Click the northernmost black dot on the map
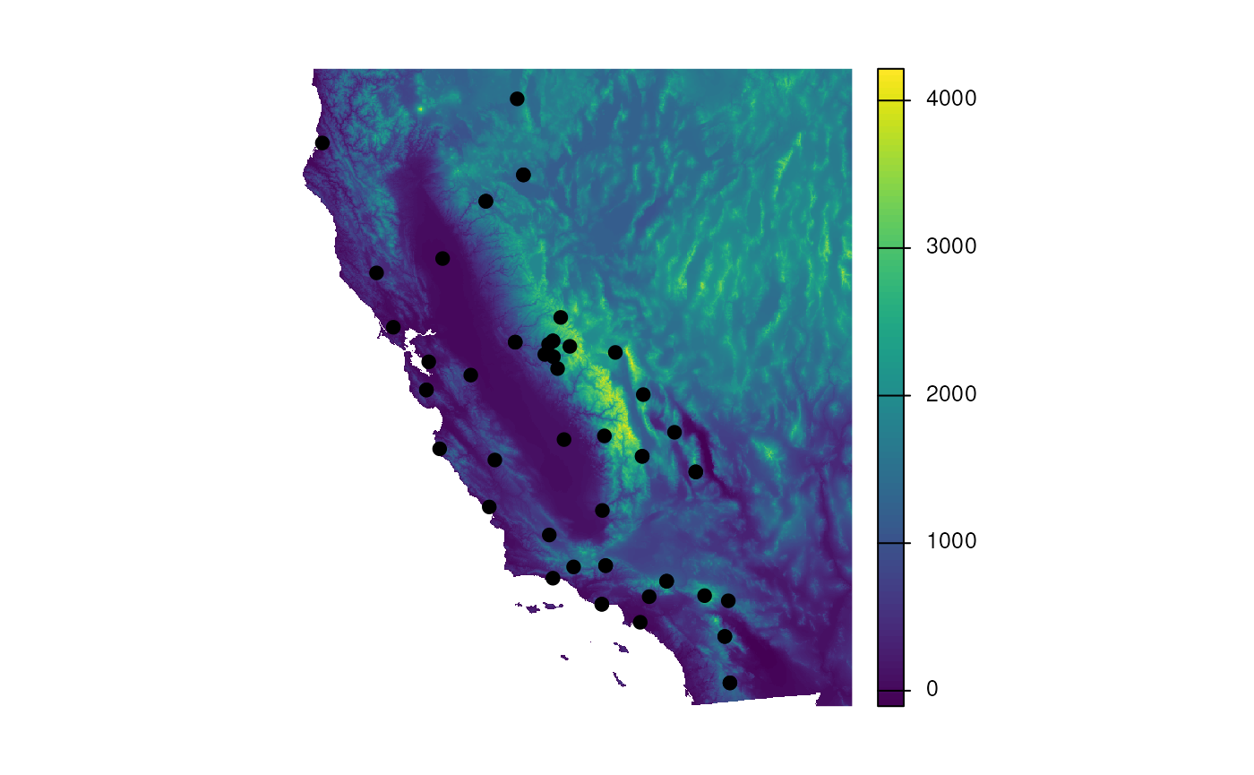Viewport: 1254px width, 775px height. point(517,99)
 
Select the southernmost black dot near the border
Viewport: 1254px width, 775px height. point(730,683)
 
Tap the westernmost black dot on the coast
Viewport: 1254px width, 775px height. point(322,142)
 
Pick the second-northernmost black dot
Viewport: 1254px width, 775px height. point(523,175)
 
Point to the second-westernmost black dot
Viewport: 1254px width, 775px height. point(376,272)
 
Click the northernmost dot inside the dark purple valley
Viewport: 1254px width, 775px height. point(442,258)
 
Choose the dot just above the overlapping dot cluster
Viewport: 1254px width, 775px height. point(561,317)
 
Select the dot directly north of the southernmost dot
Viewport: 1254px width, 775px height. point(725,636)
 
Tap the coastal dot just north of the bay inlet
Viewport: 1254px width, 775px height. point(393,327)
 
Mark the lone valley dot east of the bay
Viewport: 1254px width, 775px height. point(470,375)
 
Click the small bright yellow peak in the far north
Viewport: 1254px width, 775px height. point(419,109)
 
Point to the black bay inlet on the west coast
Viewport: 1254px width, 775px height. point(412,337)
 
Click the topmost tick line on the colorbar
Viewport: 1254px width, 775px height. point(890,100)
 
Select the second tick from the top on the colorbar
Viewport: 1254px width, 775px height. point(890,248)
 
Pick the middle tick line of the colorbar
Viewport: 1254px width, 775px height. point(890,395)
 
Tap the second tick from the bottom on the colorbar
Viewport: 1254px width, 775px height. point(890,543)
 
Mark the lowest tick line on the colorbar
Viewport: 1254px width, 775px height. point(890,690)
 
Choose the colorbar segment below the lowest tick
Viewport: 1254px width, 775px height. point(890,699)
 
